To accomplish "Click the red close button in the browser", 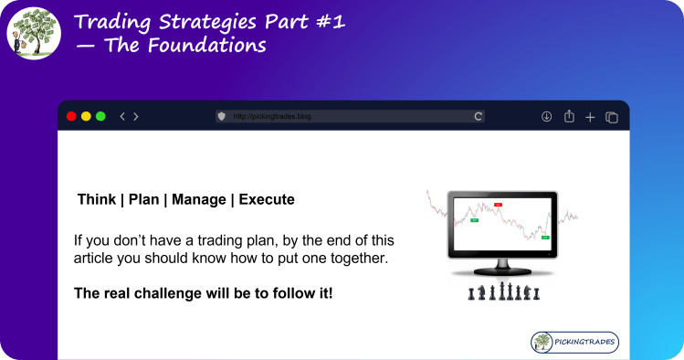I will click(x=71, y=116).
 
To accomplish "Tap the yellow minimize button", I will click(x=86, y=116).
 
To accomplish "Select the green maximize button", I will click(x=100, y=116).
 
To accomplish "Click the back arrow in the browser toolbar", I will click(x=122, y=116).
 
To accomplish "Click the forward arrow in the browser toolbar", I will click(x=136, y=116).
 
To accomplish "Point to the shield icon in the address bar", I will click(x=221, y=116).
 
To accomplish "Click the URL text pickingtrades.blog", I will click(x=272, y=117).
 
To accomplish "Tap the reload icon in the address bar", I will click(x=478, y=116).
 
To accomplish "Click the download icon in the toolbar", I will click(x=547, y=116).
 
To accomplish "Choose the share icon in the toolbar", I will click(x=569, y=116).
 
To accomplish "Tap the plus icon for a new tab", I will click(x=590, y=116).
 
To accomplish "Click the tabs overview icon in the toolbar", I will click(x=612, y=116).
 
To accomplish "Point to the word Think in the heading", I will click(x=96, y=199).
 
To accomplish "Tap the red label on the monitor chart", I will click(x=498, y=204).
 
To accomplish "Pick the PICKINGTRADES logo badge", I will click(x=574, y=343).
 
